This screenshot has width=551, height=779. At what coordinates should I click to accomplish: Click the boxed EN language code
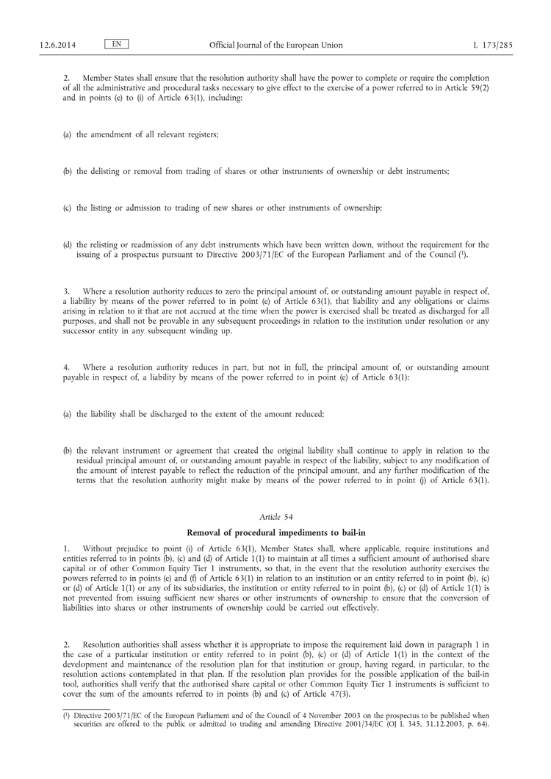117,44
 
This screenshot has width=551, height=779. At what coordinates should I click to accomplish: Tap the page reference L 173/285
493,45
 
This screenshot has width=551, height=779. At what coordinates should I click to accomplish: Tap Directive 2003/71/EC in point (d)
295,255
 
